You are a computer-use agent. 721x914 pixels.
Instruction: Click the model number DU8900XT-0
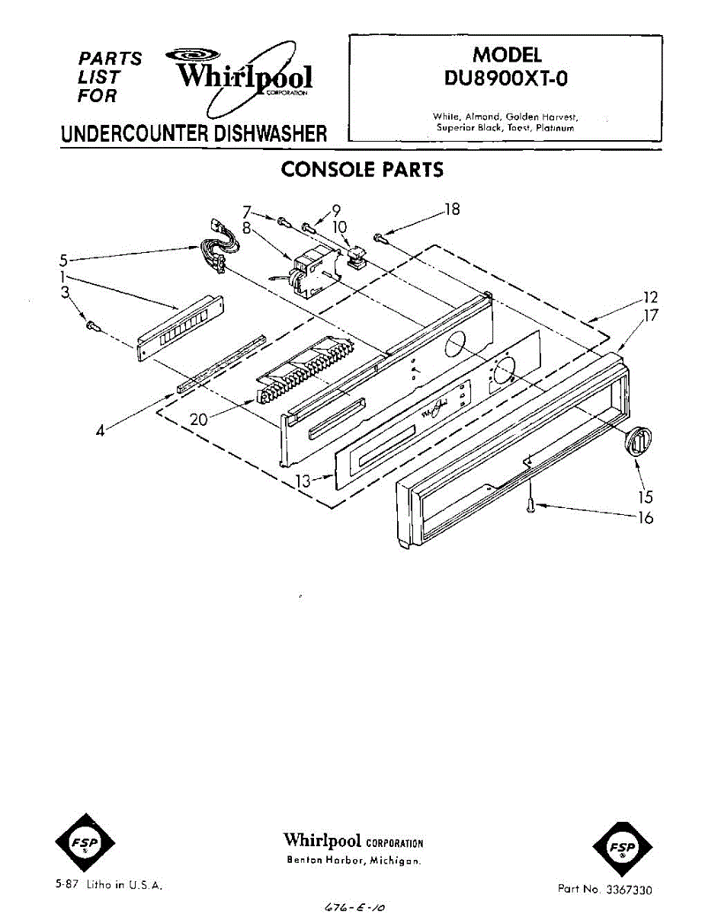[506, 78]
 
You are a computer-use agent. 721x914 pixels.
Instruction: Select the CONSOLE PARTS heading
[362, 169]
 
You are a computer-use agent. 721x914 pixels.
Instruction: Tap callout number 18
[452, 209]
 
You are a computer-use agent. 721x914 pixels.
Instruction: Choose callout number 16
[645, 518]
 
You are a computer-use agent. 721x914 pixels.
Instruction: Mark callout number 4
[100, 430]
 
